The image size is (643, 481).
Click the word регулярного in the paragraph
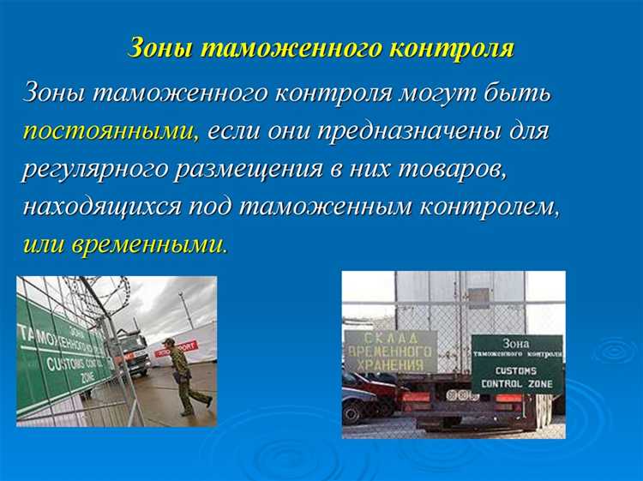pos(92,169)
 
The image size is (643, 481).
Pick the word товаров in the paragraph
pos(460,169)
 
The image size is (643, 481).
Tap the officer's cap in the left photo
pos(170,342)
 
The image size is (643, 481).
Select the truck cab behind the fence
pos(133,351)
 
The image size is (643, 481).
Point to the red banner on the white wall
pos(176,347)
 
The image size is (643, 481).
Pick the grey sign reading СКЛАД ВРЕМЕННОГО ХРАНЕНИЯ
pos(389,352)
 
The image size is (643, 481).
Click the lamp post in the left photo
pos(182,309)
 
